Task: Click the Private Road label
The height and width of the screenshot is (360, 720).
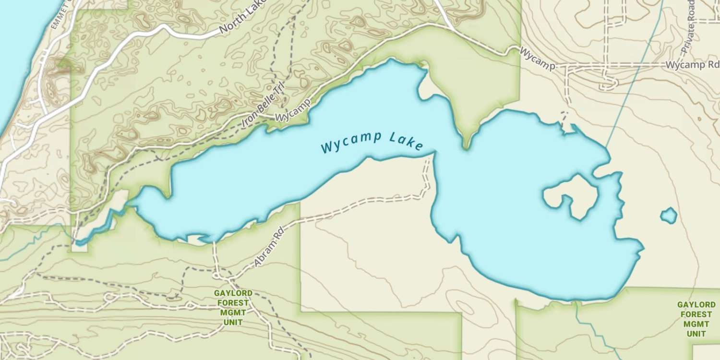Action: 689,26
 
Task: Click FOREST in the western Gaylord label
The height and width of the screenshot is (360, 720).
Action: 233,303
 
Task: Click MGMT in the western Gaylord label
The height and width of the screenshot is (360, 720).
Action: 233,312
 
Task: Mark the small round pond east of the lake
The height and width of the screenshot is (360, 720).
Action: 668,216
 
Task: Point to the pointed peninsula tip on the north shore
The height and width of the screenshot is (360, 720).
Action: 466,144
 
